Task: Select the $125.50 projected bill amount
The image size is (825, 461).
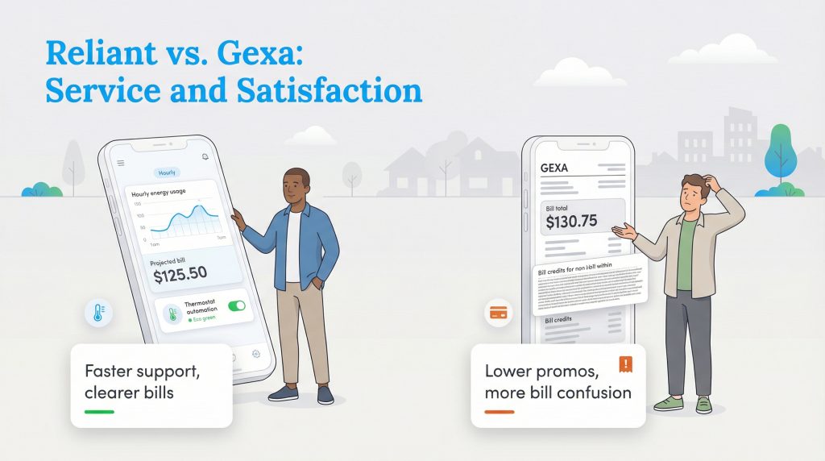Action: [x=180, y=273]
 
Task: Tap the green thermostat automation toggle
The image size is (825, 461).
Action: [x=237, y=306]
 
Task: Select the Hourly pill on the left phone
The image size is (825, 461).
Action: [x=167, y=172]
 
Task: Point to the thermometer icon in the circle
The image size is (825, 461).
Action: [x=97, y=314]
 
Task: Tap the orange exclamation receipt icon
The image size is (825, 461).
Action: [x=625, y=364]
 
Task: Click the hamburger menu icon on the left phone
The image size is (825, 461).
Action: [x=121, y=163]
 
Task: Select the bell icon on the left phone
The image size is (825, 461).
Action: [x=205, y=156]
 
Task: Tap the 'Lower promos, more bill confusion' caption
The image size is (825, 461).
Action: [x=558, y=382]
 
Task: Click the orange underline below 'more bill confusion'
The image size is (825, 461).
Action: [x=500, y=412]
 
